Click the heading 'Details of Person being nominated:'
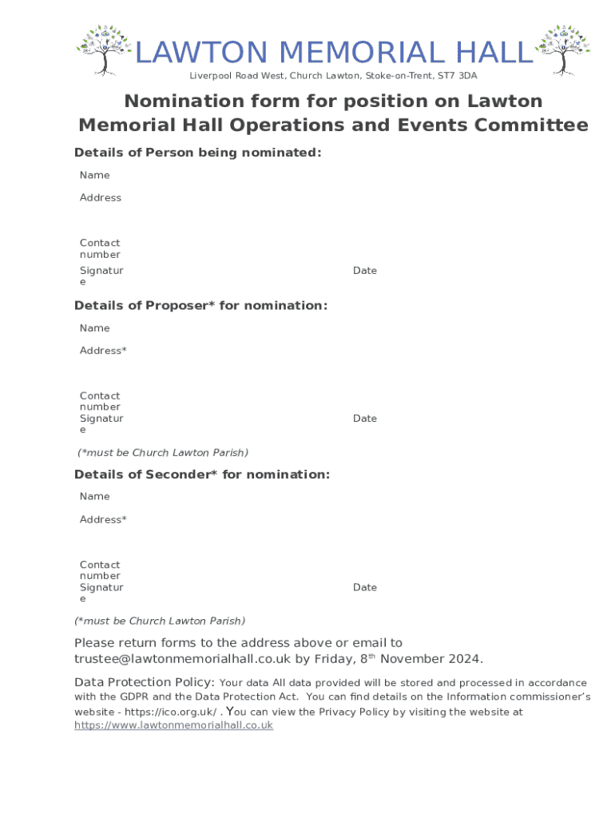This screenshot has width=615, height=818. tap(198, 153)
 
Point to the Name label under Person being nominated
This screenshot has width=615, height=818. tap(95, 175)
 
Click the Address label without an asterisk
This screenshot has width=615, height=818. tap(101, 197)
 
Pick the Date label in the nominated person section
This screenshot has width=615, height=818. tap(365, 271)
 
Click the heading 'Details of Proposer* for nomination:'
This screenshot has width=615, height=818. tap(200, 305)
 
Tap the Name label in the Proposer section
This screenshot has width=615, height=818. tap(95, 328)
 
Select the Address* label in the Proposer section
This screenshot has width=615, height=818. tap(103, 351)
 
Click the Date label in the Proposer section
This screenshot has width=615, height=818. tap(365, 419)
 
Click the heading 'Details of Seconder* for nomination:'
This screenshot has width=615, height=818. tap(202, 475)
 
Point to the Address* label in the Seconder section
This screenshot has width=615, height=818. tap(103, 519)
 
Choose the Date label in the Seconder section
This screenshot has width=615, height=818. tap(365, 587)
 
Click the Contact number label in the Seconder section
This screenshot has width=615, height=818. tap(100, 570)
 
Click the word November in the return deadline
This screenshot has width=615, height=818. tap(415, 659)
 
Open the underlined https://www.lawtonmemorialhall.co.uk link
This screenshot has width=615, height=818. tap(173, 725)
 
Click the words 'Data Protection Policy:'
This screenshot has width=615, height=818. tap(145, 682)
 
